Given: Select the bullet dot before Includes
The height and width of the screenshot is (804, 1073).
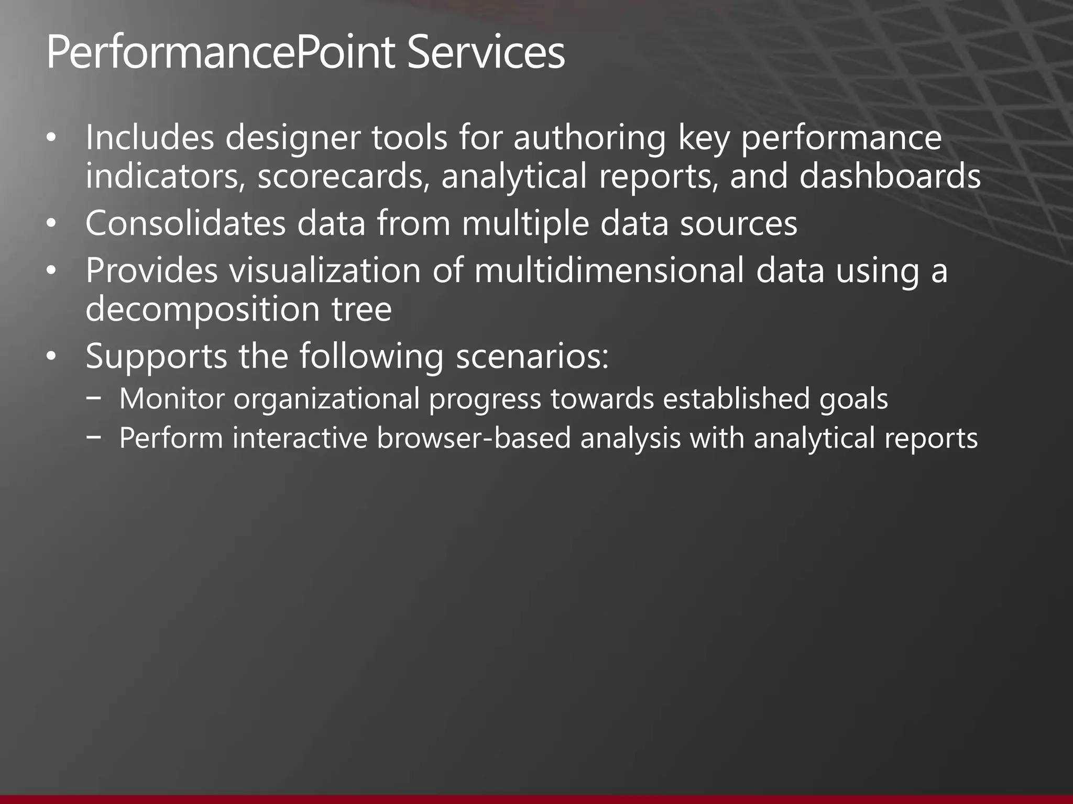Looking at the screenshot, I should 50,138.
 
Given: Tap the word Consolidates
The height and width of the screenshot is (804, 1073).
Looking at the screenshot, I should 185,224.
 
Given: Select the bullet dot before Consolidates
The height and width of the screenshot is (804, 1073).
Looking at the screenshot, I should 50,224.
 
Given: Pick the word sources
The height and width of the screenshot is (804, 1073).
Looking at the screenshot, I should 738,224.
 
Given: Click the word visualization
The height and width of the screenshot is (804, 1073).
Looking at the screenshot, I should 325,271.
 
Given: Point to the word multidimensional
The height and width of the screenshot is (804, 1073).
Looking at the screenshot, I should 608,271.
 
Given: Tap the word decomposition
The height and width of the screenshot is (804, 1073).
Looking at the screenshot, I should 202,310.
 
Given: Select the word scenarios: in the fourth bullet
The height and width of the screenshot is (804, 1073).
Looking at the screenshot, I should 532,356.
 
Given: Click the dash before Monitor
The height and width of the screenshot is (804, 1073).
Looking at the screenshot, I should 94,398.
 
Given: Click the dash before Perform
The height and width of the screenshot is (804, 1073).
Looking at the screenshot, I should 94,438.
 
